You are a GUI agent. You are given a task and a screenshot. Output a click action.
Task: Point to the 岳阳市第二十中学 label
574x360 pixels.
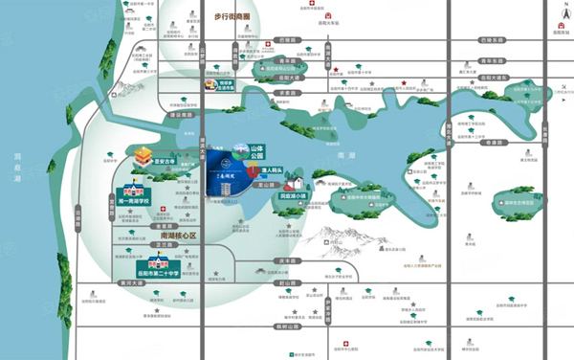pyautogui.click(x=147, y=268)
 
